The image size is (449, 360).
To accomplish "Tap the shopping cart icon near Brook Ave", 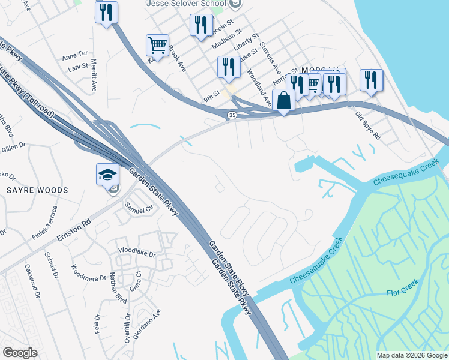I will (x=157, y=44).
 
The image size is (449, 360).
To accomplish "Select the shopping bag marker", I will (x=283, y=100).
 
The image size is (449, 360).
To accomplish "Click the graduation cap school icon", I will (x=108, y=175).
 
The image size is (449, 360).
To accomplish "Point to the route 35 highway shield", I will (x=232, y=115).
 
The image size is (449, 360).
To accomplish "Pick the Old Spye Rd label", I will (x=368, y=125).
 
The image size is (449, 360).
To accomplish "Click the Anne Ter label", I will (x=75, y=55).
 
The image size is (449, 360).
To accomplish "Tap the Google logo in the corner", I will (x=20, y=353).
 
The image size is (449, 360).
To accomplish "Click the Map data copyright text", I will (x=412, y=355).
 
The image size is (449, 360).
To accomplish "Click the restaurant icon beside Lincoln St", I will (x=200, y=25).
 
